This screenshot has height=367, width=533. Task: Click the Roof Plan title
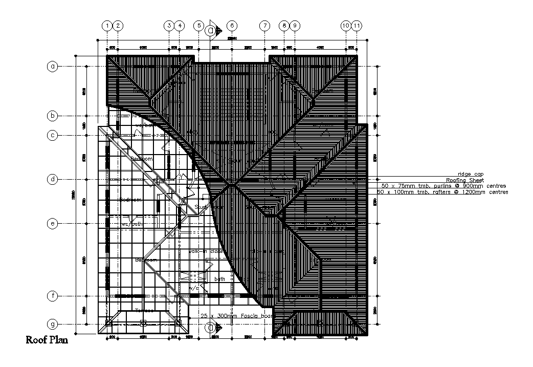pyautogui.click(x=47, y=339)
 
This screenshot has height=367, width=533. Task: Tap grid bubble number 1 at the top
pyautogui.click(x=107, y=25)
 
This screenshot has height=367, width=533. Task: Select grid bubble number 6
pyautogui.click(x=232, y=25)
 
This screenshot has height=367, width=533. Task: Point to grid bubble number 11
pyautogui.click(x=357, y=25)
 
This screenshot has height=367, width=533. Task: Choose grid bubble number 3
pyautogui.click(x=169, y=25)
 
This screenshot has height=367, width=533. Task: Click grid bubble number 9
pyautogui.click(x=295, y=25)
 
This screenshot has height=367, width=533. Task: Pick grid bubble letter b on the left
pyautogui.click(x=52, y=116)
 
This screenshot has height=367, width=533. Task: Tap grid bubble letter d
pyautogui.click(x=52, y=179)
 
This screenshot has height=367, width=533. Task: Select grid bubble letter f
pyautogui.click(x=52, y=296)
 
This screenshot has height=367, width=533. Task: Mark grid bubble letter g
pyautogui.click(x=52, y=324)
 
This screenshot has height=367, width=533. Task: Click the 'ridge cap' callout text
pyautogui.click(x=470, y=174)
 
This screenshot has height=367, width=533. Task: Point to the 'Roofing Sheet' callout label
pyautogui.click(x=464, y=180)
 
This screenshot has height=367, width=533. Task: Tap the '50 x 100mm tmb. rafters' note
pyautogui.click(x=443, y=192)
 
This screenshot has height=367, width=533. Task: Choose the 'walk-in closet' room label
pyautogui.click(x=207, y=252)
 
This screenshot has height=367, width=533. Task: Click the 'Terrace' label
pyautogui.click(x=145, y=311)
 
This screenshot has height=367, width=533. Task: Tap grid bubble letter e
pyautogui.click(x=52, y=223)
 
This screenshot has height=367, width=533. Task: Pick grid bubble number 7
pyautogui.click(x=264, y=25)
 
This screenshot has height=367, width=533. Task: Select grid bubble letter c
pyautogui.click(x=52, y=135)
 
